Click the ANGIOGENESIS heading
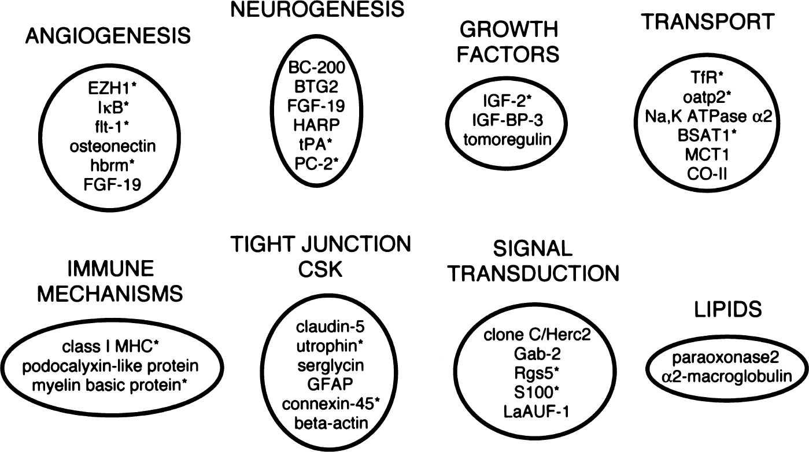click(x=108, y=36)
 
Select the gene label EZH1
click(x=110, y=88)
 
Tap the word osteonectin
click(x=112, y=146)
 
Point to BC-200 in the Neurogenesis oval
click(x=316, y=67)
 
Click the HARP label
click(x=316, y=125)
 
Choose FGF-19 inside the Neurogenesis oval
click(x=316, y=106)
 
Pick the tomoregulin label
click(x=507, y=140)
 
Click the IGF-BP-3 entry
click(x=507, y=120)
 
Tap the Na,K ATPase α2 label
click(x=708, y=116)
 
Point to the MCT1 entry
click(x=707, y=155)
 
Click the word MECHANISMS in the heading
click(x=110, y=294)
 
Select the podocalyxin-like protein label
click(x=110, y=366)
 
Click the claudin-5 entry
click(x=330, y=327)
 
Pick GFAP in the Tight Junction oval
click(x=330, y=384)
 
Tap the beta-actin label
click(x=331, y=423)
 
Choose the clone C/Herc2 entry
click(x=537, y=335)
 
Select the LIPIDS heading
click(x=728, y=309)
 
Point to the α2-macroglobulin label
click(x=727, y=377)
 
